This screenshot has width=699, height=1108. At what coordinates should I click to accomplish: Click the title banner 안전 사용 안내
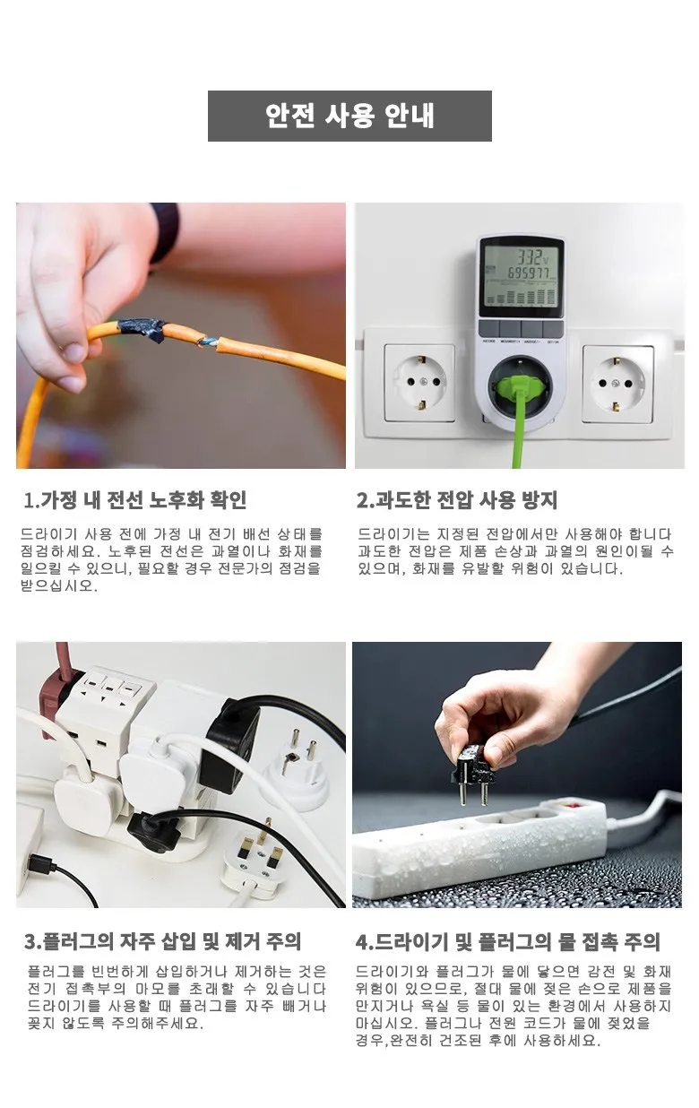[349, 116]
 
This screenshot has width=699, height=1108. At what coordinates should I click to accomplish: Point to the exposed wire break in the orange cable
[208, 341]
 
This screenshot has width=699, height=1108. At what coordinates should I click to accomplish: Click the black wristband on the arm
[165, 231]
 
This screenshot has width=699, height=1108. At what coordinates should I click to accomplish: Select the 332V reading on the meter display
[532, 257]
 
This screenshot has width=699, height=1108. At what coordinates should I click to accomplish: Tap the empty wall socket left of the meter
[419, 383]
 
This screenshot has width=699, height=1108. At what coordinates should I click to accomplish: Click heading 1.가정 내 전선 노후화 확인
[135, 500]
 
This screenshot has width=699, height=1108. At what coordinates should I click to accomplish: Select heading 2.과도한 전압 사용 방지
[457, 500]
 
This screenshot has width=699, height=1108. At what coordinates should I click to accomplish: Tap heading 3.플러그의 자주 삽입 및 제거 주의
[162, 941]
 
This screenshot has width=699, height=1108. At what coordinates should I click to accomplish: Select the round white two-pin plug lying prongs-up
[296, 771]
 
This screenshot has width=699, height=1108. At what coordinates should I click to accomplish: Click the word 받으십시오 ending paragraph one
[59, 586]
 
